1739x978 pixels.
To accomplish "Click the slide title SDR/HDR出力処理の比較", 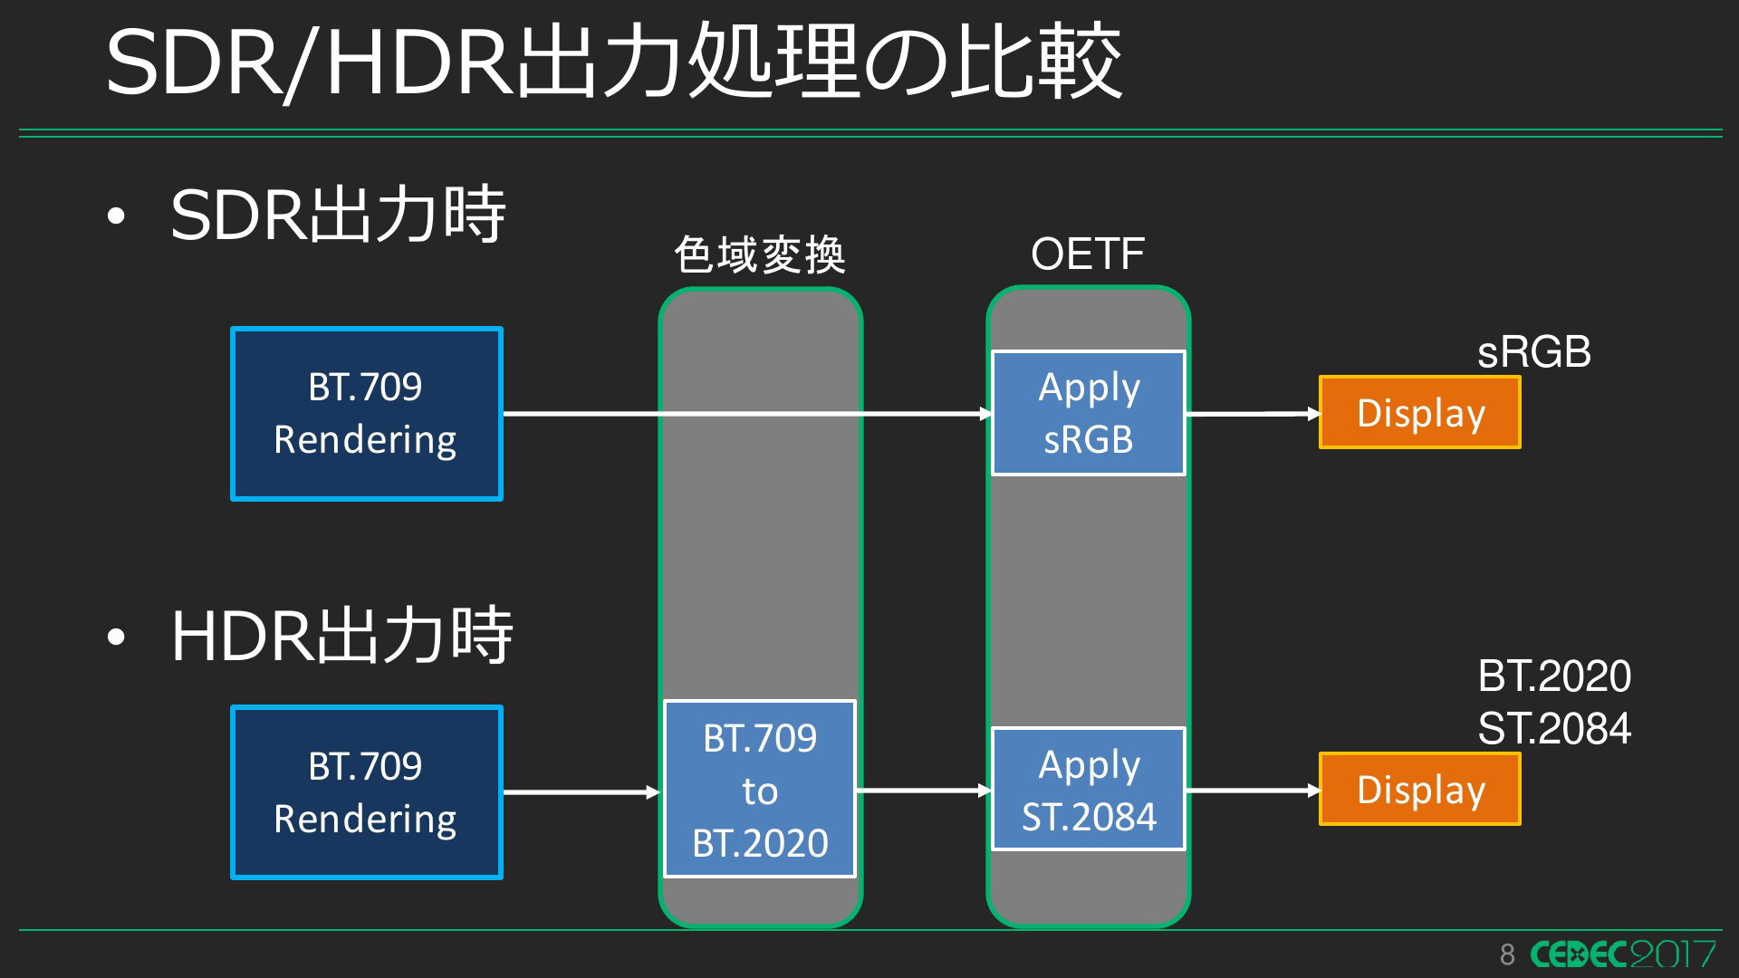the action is coord(614,62).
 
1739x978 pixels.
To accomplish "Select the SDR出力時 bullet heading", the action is coord(338,215).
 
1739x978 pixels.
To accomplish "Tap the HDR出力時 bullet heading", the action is coord(341,636).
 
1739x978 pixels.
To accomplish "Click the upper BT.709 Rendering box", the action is coord(367,414).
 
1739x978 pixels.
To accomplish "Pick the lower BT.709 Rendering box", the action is coord(367,792).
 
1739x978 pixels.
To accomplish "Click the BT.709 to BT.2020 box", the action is coord(760,789).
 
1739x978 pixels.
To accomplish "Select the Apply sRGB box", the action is coord(1089,413).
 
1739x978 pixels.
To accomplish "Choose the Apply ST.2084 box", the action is coord(1089,790).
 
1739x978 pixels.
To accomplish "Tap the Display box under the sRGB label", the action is coord(1420,412).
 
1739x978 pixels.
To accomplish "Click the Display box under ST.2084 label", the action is coord(1420,789).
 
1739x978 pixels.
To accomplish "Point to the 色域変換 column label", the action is coord(760,254).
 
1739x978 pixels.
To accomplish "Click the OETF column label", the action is coord(1088,254).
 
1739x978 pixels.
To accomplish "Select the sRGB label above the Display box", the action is coord(1534,351).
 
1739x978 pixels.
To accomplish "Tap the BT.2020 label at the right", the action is coord(1554,676).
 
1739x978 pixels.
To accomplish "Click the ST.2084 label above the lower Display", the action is coord(1554,728).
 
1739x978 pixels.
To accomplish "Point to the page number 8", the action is coord(1507,954).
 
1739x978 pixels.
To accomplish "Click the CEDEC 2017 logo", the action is coord(1623,954).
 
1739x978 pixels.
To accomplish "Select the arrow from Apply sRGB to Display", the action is coord(1253,414).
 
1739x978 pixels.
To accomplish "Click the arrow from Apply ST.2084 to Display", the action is coord(1253,791).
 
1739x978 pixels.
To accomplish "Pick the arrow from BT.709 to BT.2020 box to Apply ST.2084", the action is coord(924,791).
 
